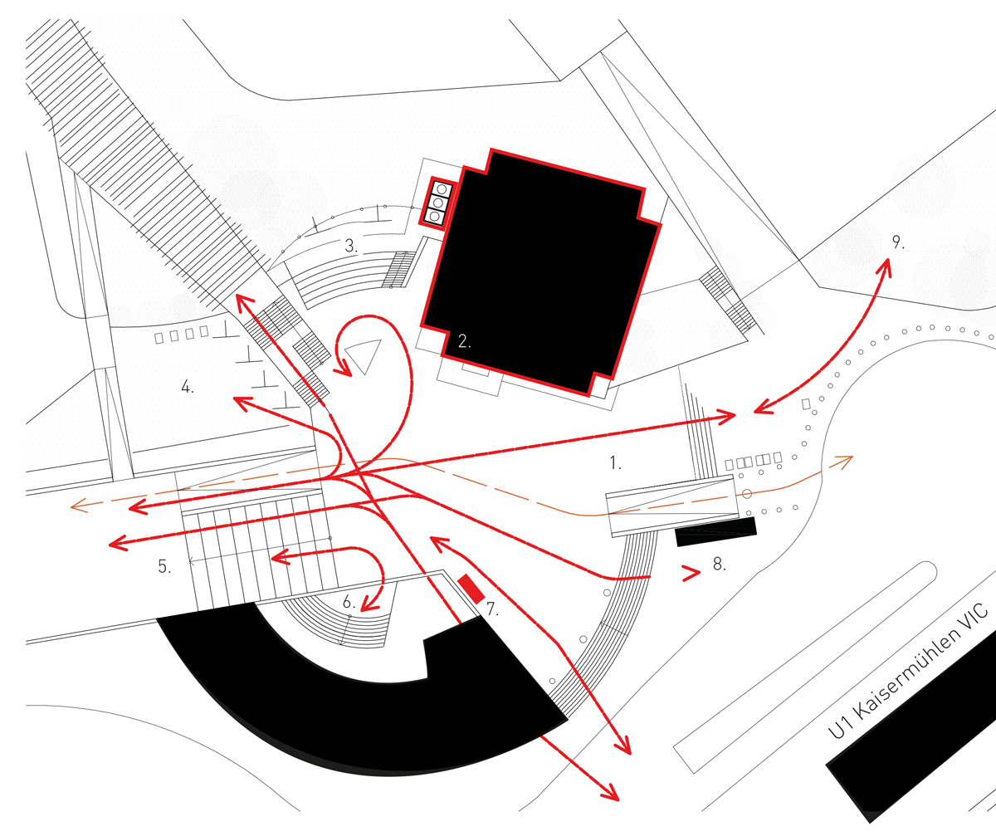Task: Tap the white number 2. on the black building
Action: click(464, 340)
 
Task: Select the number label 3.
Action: click(351, 247)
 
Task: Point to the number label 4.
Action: click(188, 386)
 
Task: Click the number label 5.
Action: click(164, 567)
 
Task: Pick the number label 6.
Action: click(349, 604)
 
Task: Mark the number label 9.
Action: click(898, 242)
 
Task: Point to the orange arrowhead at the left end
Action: click(77, 506)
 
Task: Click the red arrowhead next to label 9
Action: click(885, 267)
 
